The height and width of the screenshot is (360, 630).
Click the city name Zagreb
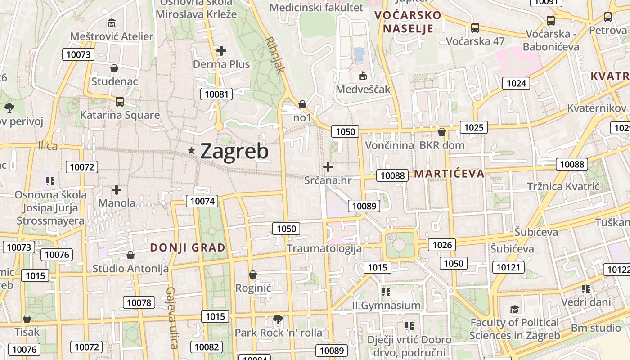234,152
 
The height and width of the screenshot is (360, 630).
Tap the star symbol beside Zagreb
192,151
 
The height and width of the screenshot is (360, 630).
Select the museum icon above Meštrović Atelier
112,23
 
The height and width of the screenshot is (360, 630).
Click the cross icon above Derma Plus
221,51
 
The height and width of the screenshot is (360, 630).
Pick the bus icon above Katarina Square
119,101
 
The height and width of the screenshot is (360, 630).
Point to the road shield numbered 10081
216,94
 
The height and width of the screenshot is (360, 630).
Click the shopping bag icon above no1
302,104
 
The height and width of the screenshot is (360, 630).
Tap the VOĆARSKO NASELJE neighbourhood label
408,22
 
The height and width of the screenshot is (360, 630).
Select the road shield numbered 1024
516,83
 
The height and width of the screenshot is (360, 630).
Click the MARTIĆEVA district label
449,174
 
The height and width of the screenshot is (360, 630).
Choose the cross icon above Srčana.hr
328,167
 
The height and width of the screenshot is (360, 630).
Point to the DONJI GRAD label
188,247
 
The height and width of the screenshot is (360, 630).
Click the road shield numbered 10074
203,201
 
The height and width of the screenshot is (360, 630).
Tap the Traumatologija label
324,248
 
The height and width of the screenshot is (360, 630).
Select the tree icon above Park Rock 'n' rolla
278,319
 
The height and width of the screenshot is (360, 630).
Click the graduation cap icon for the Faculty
514,309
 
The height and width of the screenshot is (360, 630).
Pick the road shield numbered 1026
442,245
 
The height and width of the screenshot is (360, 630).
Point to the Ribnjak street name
275,55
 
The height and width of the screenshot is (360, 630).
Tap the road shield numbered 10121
508,267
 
